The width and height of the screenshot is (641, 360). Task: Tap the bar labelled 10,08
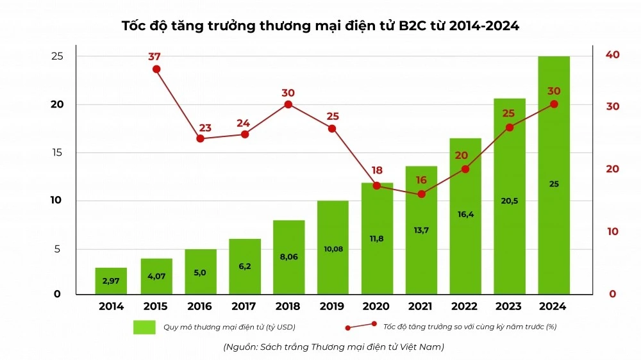[x=333, y=247]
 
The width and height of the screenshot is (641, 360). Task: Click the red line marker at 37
[x=156, y=69]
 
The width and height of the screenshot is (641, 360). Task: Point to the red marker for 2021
[x=421, y=193]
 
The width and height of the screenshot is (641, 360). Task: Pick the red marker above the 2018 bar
[x=288, y=104]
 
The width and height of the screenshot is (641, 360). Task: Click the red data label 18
[x=377, y=170]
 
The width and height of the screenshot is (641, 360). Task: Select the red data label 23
[x=200, y=127]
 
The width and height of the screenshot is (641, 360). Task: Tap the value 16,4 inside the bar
[x=465, y=215]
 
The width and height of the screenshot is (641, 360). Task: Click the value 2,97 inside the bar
[x=112, y=281]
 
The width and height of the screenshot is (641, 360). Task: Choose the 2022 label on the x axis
[x=465, y=307]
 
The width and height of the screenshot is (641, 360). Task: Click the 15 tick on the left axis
[x=57, y=152]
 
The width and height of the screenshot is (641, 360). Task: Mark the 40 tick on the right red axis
[x=612, y=56]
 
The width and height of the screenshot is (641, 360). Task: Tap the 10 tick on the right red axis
[x=612, y=231]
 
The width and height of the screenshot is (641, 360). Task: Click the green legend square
[x=144, y=327]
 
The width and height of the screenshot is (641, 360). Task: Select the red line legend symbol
[x=361, y=326]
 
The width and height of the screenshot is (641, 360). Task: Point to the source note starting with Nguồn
[x=333, y=347]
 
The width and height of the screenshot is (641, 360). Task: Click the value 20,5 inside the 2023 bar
[x=510, y=200]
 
